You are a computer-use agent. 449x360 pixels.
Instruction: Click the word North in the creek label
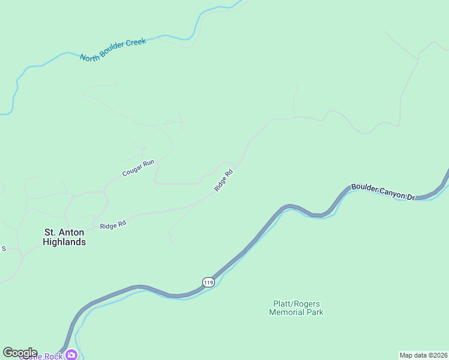tap(90, 56)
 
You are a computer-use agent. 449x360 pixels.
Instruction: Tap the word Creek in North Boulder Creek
tap(135, 43)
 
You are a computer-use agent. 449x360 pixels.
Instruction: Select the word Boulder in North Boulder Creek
tap(112, 50)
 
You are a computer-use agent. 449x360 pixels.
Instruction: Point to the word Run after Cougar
tap(149, 163)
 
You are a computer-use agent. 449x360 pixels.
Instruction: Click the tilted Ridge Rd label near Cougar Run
tap(223, 181)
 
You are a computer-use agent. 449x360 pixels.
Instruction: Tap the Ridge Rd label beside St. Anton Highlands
tap(113, 225)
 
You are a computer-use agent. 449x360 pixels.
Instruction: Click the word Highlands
tap(64, 242)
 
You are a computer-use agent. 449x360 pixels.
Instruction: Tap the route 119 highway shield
tap(208, 282)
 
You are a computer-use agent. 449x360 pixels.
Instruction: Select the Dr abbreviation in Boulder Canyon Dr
tap(411, 197)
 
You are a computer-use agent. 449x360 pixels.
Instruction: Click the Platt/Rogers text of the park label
tap(296, 304)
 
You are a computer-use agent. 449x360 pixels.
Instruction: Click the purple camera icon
tap(71, 355)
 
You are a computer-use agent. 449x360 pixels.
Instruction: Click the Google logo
tap(20, 353)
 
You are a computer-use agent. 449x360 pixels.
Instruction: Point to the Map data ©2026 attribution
tap(423, 355)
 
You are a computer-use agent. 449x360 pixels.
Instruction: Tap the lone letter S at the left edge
tap(3, 248)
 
